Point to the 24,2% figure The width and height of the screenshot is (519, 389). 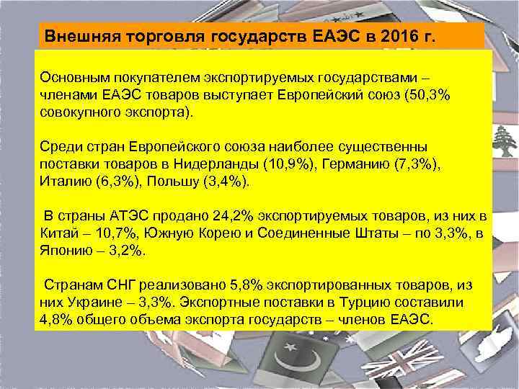234,216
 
